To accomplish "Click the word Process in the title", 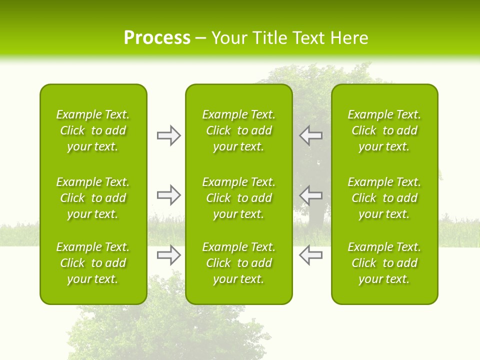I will point(157,38).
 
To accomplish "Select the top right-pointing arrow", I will point(169,135).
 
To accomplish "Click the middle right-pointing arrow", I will point(169,195).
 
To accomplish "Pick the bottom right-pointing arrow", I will point(169,254).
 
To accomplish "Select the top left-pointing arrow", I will point(311,135).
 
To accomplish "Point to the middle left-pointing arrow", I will point(311,195).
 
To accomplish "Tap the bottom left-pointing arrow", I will point(311,254).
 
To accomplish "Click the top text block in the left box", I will point(93,130).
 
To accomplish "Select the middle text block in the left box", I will point(93,198).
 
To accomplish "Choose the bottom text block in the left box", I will point(93,263).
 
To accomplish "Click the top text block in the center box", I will point(238,130).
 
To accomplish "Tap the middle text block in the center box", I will point(238,198).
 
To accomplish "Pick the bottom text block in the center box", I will point(238,263).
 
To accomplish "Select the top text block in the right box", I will point(384,130).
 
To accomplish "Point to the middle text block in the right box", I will point(384,198).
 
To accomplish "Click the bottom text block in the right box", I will point(384,263).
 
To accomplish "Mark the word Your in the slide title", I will point(230,38).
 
